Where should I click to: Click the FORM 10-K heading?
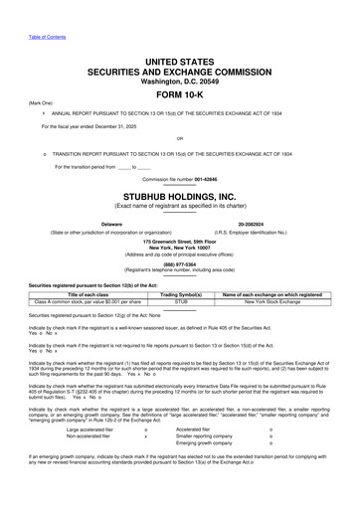pyautogui.click(x=179, y=94)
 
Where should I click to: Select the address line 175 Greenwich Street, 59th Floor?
pyautogui.click(x=179, y=242)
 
